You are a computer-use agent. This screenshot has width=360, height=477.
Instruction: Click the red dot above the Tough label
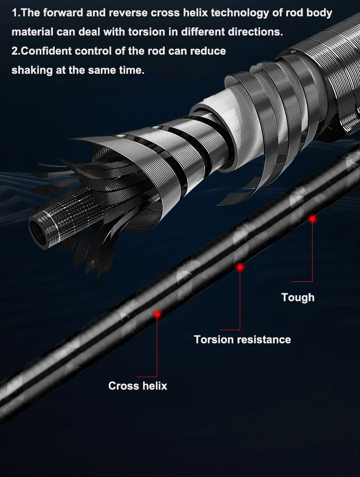click(312, 219)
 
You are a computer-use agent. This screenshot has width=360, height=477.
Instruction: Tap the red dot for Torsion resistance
click(240, 267)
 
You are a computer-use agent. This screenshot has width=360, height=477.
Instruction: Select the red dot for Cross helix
click(157, 314)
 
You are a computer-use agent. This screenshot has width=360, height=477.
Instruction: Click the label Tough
click(298, 297)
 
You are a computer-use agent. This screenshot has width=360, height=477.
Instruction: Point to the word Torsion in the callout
click(213, 339)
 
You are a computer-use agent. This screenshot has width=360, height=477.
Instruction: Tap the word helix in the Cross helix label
click(155, 386)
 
